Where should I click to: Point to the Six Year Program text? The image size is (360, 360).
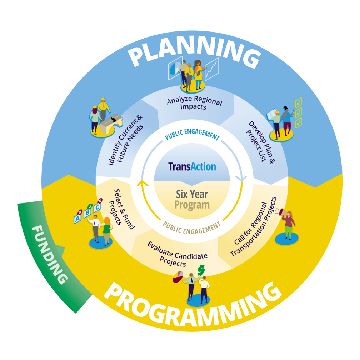pos(192,200)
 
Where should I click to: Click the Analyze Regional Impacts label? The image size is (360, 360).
pos(194,103)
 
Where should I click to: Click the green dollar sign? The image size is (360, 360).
pos(202,269)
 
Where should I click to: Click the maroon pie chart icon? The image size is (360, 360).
pos(178,277)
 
